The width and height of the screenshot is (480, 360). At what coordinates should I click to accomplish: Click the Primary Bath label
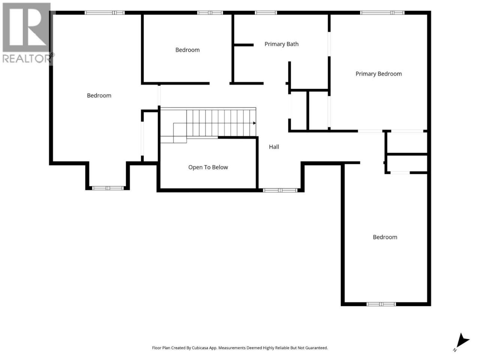pyautogui.click(x=281, y=44)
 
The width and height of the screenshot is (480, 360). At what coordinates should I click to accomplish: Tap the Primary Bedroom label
pyautogui.click(x=378, y=74)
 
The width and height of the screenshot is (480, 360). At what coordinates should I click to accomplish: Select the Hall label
pyautogui.click(x=274, y=147)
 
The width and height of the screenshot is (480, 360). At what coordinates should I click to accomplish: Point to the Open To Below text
pyautogui.click(x=208, y=167)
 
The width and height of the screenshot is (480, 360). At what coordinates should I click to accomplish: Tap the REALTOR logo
pyautogui.click(x=27, y=33)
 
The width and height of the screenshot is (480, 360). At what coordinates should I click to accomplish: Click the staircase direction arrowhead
pyautogui.click(x=254, y=123)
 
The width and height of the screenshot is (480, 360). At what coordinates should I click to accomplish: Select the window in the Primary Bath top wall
pyautogui.click(x=266, y=13)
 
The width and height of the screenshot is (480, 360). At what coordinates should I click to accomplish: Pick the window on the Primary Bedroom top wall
pyautogui.click(x=382, y=13)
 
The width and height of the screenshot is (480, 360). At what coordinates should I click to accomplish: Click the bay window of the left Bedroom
pyautogui.click(x=108, y=188)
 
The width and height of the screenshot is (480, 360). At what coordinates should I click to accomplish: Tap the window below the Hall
pyautogui.click(x=280, y=190)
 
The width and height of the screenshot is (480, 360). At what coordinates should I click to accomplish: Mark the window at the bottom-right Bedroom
pyautogui.click(x=381, y=304)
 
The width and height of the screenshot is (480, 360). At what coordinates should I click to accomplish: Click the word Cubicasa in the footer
pyautogui.click(x=200, y=348)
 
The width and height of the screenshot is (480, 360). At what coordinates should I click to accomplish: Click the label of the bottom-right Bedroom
pyautogui.click(x=385, y=237)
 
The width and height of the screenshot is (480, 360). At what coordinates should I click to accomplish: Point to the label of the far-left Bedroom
pyautogui.click(x=99, y=96)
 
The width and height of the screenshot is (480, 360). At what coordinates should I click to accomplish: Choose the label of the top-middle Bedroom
pyautogui.click(x=187, y=50)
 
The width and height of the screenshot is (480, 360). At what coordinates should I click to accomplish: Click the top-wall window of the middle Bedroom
pyautogui.click(x=210, y=13)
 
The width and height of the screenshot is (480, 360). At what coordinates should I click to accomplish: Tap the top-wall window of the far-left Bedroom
pyautogui.click(x=105, y=13)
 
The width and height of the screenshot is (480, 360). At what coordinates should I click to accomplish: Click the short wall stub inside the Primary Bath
pyautogui.click(x=244, y=45)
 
